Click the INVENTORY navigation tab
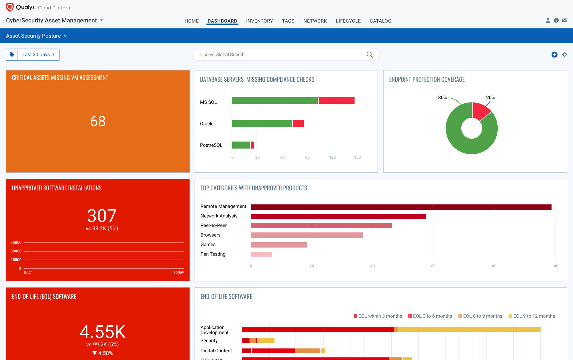coord(259,21)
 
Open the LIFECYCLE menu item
coord(348,21)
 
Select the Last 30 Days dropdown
coord(38,54)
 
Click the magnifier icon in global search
coord(370,54)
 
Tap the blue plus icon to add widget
coord(554,54)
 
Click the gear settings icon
coord(564,54)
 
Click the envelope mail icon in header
coord(564,20)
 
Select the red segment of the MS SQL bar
coord(336,101)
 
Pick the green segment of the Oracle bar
coord(262,123)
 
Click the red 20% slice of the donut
coord(480,110)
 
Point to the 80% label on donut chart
coord(442,97)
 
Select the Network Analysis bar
coord(338,217)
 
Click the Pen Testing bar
coord(261,254)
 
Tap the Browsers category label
coord(210,235)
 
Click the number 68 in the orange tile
coord(98,121)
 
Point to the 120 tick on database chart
coord(332,157)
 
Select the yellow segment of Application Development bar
coord(469,329)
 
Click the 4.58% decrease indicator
coord(103,353)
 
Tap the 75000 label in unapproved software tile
coord(16,242)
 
